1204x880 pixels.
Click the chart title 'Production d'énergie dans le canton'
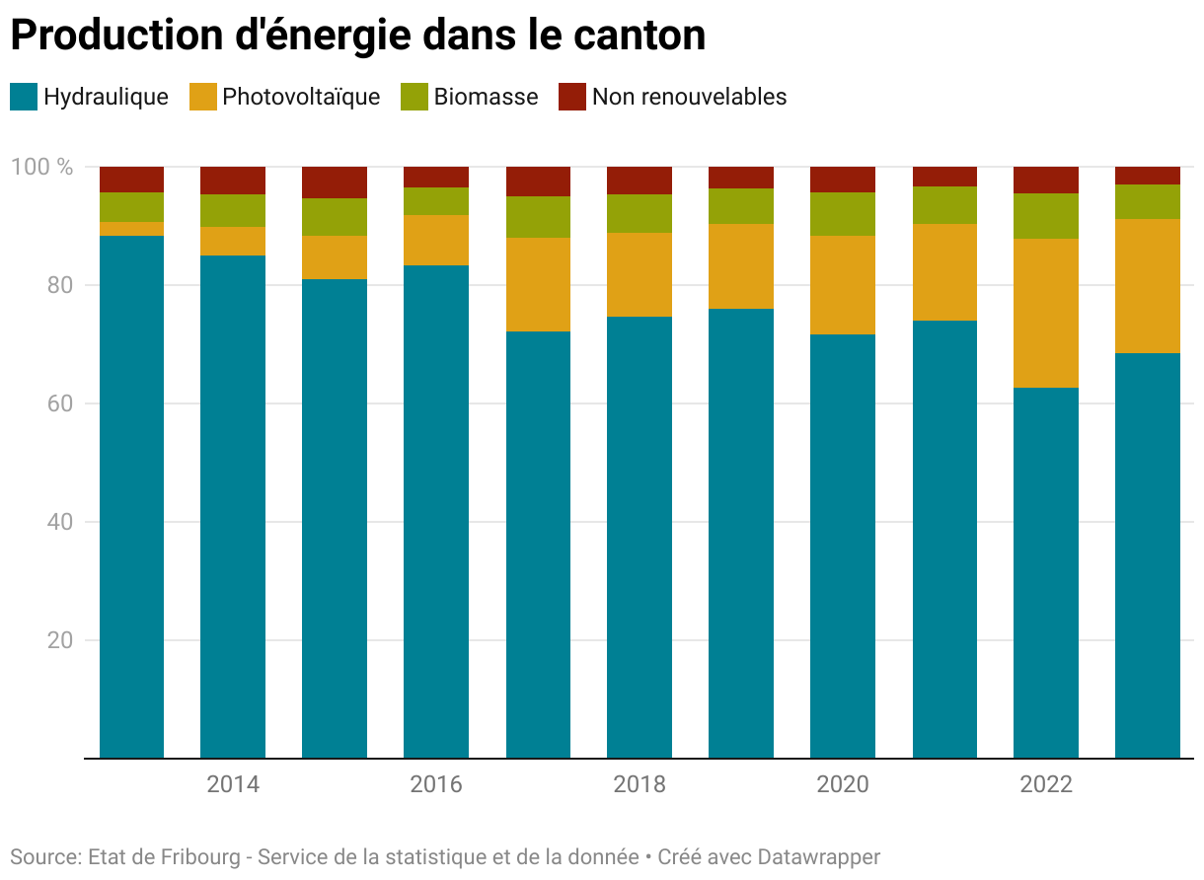(357, 36)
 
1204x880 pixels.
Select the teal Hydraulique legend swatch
(24, 97)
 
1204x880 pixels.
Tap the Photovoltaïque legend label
(301, 97)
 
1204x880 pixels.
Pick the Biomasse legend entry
(486, 97)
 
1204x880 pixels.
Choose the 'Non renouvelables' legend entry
(689, 97)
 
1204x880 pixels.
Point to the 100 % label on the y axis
(41, 167)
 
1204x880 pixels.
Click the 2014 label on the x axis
(233, 785)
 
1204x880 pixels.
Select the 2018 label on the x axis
(640, 785)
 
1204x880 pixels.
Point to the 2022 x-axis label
(1046, 785)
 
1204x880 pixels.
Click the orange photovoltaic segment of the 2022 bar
(1046, 313)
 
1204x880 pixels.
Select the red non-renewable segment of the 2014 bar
(233, 181)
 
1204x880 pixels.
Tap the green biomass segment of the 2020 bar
(843, 214)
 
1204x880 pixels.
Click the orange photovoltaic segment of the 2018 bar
(640, 274)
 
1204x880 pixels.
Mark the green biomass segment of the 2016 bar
(436, 201)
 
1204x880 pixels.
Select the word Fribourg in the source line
(199, 856)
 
